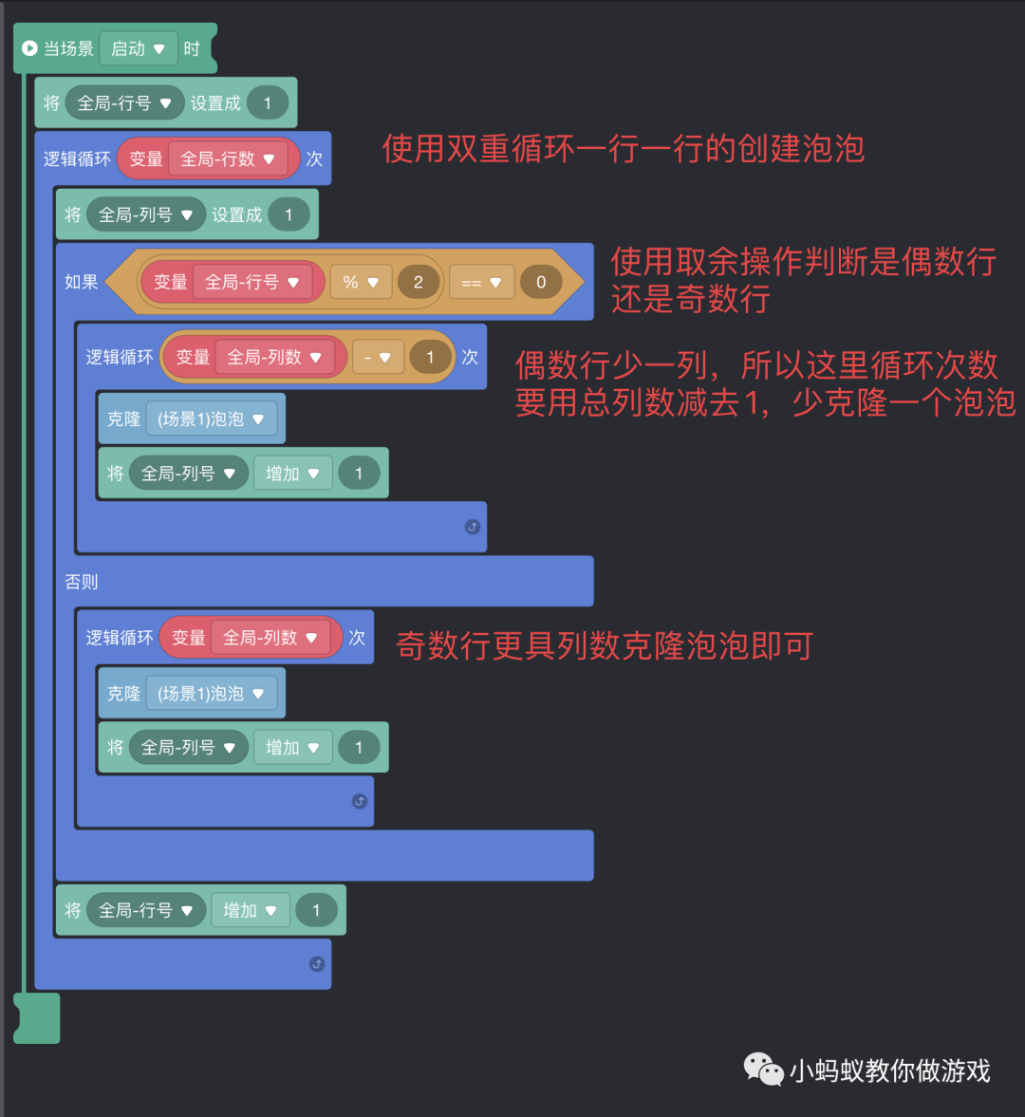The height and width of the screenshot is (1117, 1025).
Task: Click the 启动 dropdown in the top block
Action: point(139,48)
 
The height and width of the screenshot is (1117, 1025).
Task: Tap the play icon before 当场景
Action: point(29,47)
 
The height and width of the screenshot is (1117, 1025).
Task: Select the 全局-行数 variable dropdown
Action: point(228,159)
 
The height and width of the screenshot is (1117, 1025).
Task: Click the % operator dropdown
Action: point(361,282)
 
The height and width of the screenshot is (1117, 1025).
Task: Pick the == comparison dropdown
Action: point(481,282)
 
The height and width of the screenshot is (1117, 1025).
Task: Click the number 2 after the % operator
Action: point(418,282)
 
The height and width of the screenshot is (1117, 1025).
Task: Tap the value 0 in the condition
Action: point(541,282)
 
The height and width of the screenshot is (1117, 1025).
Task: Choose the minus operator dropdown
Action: point(378,358)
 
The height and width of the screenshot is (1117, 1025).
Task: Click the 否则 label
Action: point(82,582)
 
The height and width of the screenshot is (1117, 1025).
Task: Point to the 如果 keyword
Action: point(82,282)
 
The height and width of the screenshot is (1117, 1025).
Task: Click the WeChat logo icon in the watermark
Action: point(763,1069)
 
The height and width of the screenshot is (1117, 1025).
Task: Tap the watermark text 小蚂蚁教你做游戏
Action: point(890,1071)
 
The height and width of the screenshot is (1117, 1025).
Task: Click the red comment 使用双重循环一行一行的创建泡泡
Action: point(624,149)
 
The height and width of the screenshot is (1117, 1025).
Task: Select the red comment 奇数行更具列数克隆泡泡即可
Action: point(605,646)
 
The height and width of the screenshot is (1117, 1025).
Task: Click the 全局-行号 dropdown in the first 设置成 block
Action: point(124,103)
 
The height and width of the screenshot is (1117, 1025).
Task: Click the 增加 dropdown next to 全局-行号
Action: point(250,910)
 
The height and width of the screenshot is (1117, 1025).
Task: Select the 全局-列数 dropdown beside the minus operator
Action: point(274,358)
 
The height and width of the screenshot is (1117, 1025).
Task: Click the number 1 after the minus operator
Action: point(430,358)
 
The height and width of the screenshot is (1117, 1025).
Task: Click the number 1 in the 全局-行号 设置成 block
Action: point(268,103)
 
